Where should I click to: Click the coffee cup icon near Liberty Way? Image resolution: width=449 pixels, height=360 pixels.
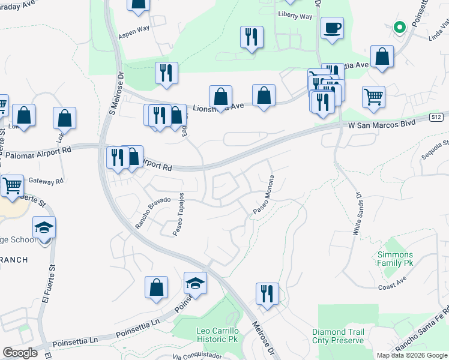tap(332, 28)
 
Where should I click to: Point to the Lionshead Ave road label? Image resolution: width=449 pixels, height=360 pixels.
tap(218, 107)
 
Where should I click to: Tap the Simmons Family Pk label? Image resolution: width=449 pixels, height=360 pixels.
tap(395, 259)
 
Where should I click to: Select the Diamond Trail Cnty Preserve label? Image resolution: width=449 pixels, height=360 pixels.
tap(338, 336)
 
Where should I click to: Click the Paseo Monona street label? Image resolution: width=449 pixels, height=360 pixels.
tap(264, 194)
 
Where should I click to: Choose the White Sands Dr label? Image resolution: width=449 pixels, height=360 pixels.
tap(358, 214)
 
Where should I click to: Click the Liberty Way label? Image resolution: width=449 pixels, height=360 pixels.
tap(295, 16)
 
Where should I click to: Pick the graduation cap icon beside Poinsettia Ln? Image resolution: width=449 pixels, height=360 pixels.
tap(195, 283)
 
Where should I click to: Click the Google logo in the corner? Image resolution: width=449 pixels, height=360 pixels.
tap(20, 353)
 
